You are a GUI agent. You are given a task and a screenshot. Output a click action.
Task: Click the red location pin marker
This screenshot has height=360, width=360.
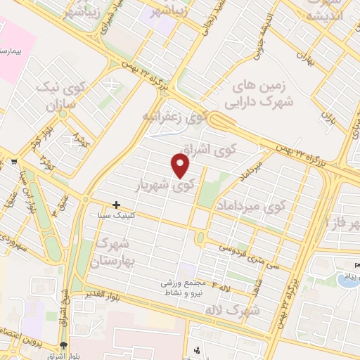point(181,166)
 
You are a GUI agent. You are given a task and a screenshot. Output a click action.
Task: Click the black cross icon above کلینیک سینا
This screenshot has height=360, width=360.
point(117,205)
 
